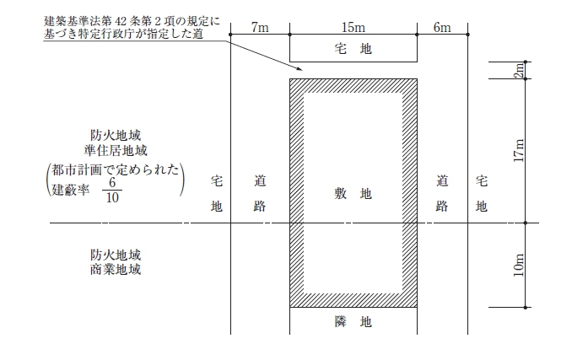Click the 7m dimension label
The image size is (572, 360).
point(260,27)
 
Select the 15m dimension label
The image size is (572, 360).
point(353,27)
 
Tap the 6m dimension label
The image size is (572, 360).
point(442,27)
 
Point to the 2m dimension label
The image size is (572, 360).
point(519,70)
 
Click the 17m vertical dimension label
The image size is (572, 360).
point(519,150)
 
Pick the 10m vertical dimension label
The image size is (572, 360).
point(519,265)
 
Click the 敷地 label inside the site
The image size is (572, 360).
point(353,193)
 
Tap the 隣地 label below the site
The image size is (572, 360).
point(353,322)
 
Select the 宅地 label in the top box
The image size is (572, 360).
point(353,48)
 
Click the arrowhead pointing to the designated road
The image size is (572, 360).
point(299,67)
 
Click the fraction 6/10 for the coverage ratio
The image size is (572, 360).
point(112,190)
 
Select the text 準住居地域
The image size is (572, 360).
point(116,150)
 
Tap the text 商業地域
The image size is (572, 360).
point(116,270)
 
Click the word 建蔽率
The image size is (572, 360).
point(71,190)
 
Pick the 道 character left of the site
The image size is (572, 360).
point(260,180)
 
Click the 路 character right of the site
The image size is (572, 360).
point(442,207)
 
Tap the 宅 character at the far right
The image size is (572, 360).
point(482,180)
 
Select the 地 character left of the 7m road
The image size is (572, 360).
point(217,207)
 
